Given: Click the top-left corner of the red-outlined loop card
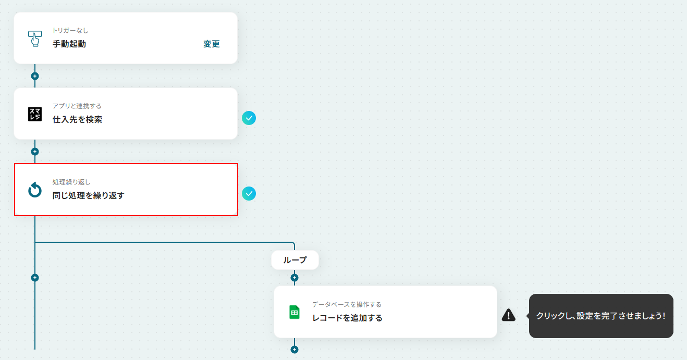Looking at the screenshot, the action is pos(15,164).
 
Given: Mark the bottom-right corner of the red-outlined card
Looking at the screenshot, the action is pos(238,216).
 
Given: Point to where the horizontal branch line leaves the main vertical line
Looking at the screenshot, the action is pos(35,242).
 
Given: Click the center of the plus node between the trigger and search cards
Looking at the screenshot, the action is pos(35,76).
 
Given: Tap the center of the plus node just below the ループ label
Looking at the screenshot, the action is pos(295,278).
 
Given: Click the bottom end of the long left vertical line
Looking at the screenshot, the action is pos(35,349).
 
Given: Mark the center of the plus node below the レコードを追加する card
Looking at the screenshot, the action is pos(295,350).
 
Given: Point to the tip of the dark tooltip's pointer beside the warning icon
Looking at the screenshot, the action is pos(526,316).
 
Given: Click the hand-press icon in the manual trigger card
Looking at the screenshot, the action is pos(35,39).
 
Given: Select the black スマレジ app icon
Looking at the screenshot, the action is pos(35,114).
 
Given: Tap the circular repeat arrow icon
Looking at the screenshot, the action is pos(35,190).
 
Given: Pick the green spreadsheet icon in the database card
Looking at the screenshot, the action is pos(295,312).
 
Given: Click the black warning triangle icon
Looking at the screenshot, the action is pos(509,315).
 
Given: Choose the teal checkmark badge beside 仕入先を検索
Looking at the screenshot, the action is pos(249,118).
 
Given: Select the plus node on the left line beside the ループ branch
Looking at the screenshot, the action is pos(35,278).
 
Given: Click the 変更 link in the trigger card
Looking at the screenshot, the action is pos(211,44).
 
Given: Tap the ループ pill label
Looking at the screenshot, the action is pos(295,260).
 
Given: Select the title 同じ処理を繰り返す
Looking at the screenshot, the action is pos(88,195).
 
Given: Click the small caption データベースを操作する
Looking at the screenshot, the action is pos(347,304).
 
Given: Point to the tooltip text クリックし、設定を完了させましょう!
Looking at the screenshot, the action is pos(600,316).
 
